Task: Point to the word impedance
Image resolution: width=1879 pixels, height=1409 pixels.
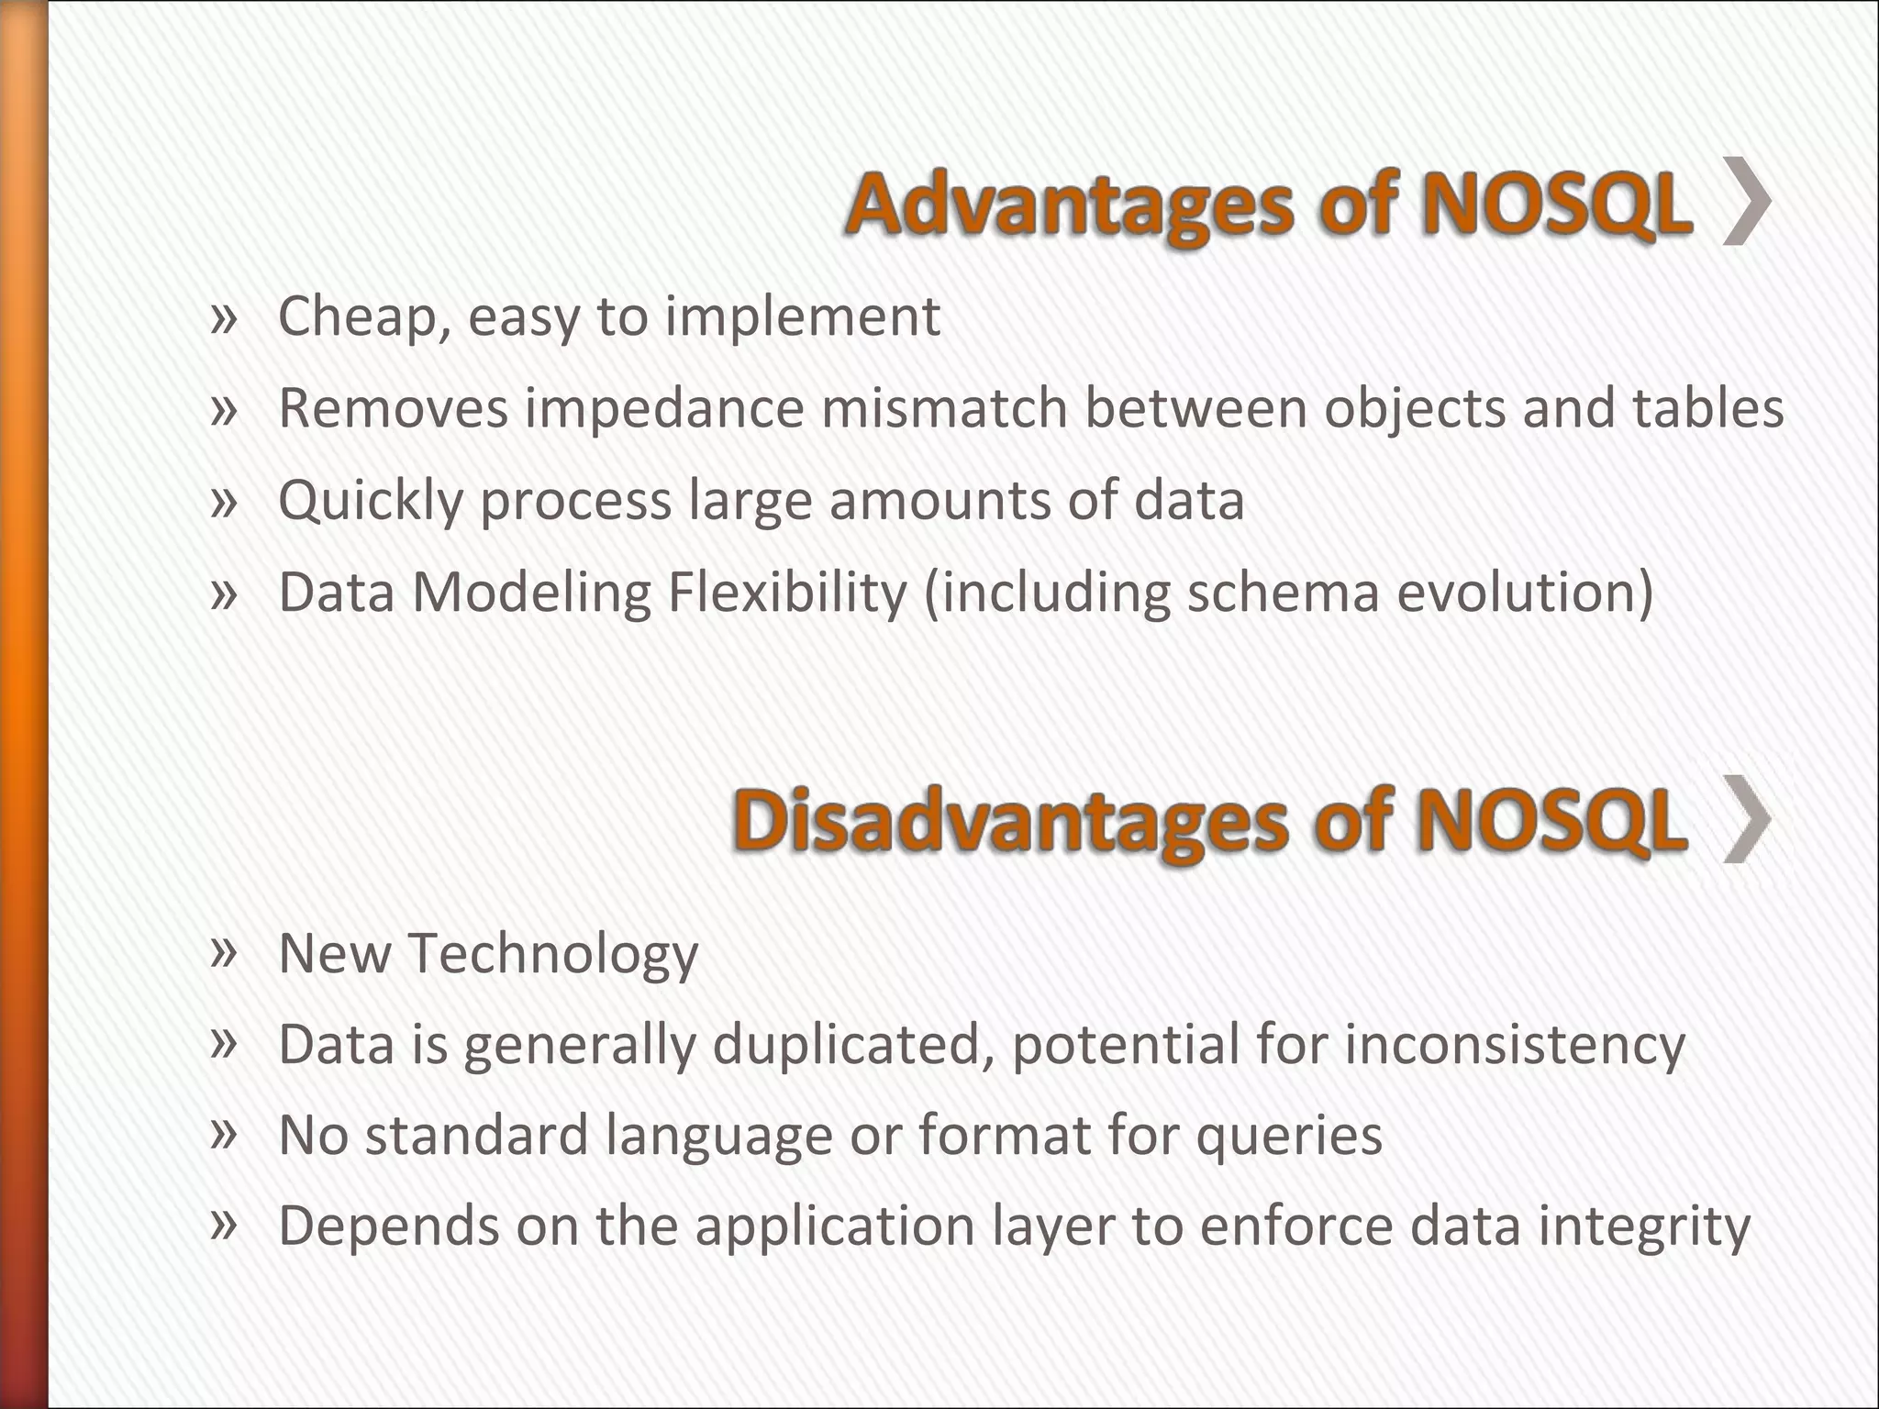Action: (x=664, y=408)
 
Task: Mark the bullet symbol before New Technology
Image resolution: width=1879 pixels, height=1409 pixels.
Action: (x=224, y=952)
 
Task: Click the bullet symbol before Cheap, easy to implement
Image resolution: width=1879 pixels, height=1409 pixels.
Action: (x=224, y=319)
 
